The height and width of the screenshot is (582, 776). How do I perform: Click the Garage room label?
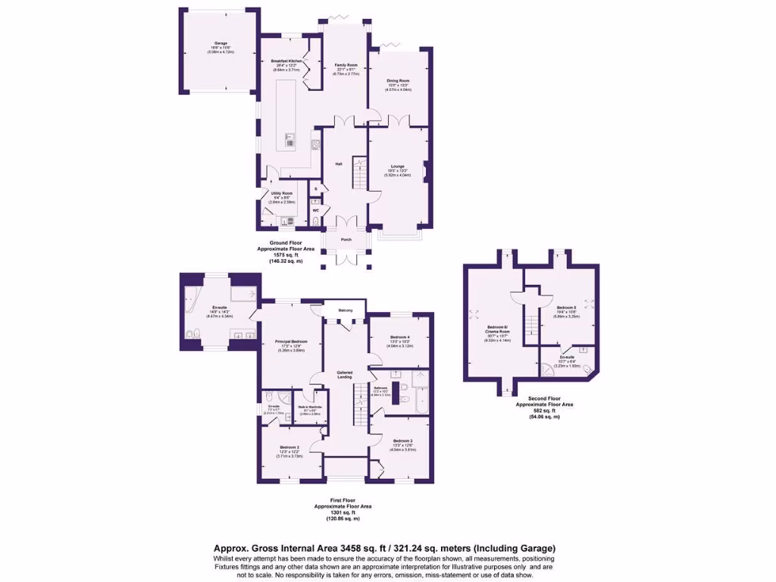click(x=221, y=44)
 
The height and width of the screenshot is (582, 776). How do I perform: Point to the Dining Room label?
click(x=398, y=80)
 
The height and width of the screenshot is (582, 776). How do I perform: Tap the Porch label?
click(x=346, y=239)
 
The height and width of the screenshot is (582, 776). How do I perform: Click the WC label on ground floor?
click(x=315, y=210)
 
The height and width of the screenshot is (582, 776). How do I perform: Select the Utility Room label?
click(x=282, y=194)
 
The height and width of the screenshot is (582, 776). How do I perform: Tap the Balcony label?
click(x=345, y=309)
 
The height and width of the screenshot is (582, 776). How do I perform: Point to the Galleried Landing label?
click(x=345, y=374)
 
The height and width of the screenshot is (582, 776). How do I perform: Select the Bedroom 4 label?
click(x=400, y=336)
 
